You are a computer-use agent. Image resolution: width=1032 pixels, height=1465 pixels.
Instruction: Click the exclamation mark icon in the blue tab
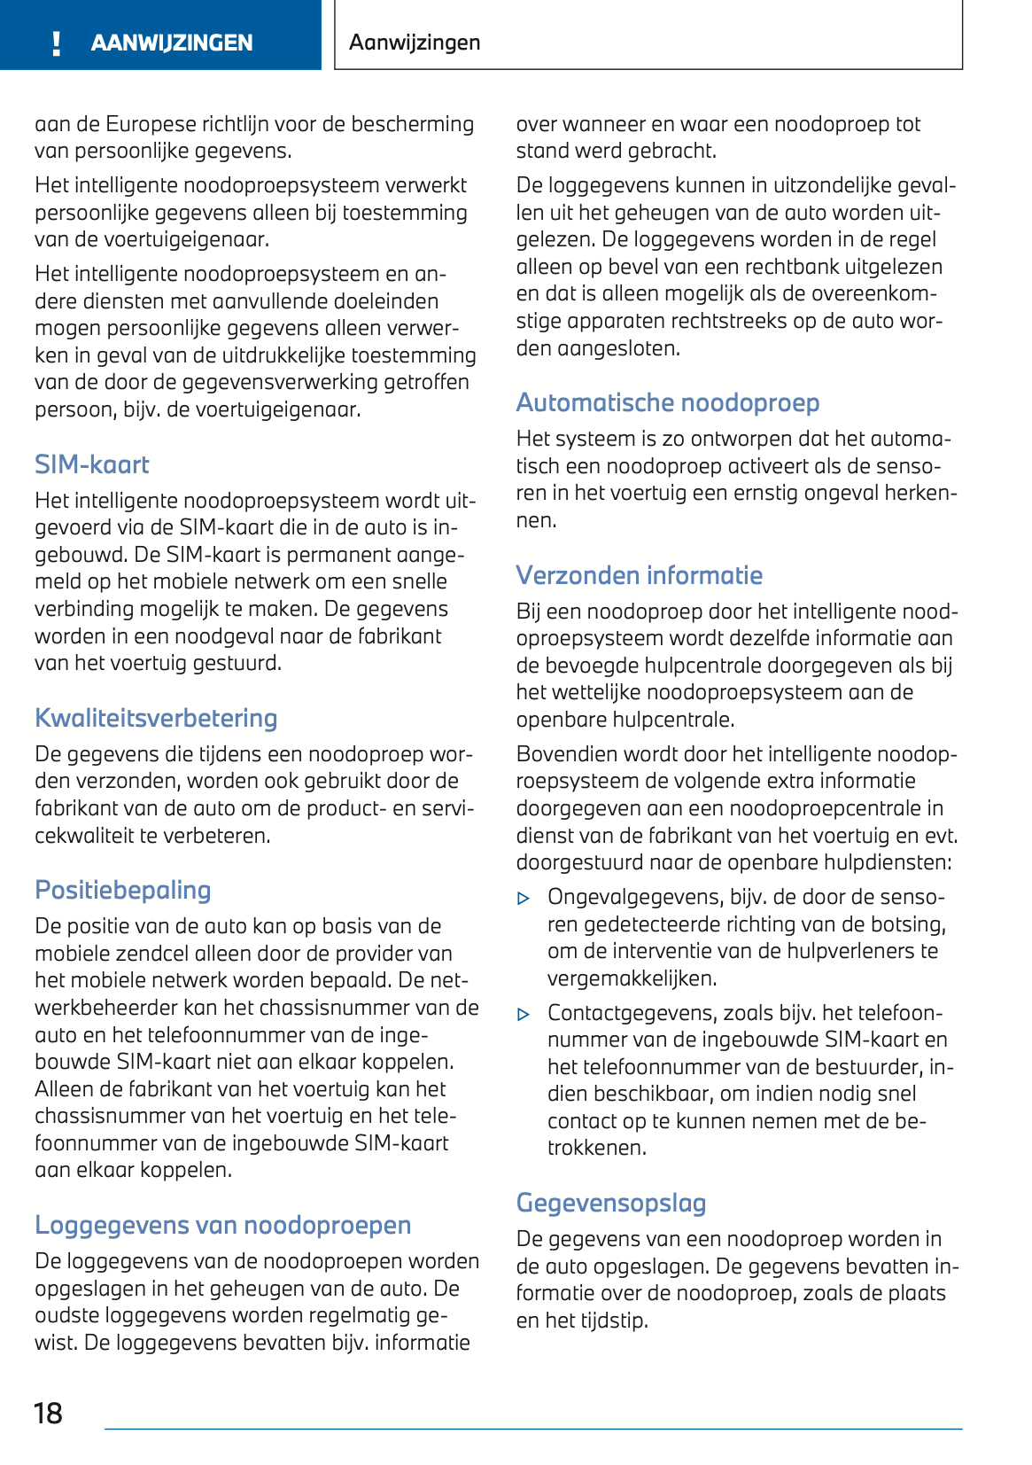[x=57, y=43]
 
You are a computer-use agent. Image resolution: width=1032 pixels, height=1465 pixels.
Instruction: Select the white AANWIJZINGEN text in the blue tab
[x=172, y=43]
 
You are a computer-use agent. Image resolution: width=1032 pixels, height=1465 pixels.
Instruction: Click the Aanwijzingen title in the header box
[x=415, y=42]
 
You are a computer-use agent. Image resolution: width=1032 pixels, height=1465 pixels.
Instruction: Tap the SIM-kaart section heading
[x=92, y=464]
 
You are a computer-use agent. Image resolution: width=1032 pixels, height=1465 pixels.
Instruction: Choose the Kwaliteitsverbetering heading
[x=156, y=718]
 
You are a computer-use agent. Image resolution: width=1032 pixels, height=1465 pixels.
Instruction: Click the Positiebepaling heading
[x=123, y=890]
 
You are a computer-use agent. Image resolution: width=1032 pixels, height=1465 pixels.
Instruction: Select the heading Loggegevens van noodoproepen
[x=223, y=1225]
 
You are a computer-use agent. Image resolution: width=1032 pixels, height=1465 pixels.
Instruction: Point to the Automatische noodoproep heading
[x=668, y=402]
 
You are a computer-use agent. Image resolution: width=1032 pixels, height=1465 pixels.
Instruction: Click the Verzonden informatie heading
[x=640, y=575]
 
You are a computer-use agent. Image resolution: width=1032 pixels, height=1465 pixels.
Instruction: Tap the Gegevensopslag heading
[x=611, y=1203]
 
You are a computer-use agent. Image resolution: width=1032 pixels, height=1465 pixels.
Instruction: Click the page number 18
[x=48, y=1413]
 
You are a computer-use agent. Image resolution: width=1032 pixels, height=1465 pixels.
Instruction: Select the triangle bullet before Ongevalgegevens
[x=524, y=899]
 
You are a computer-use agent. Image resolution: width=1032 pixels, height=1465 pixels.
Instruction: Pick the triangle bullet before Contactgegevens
[x=524, y=1014]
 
